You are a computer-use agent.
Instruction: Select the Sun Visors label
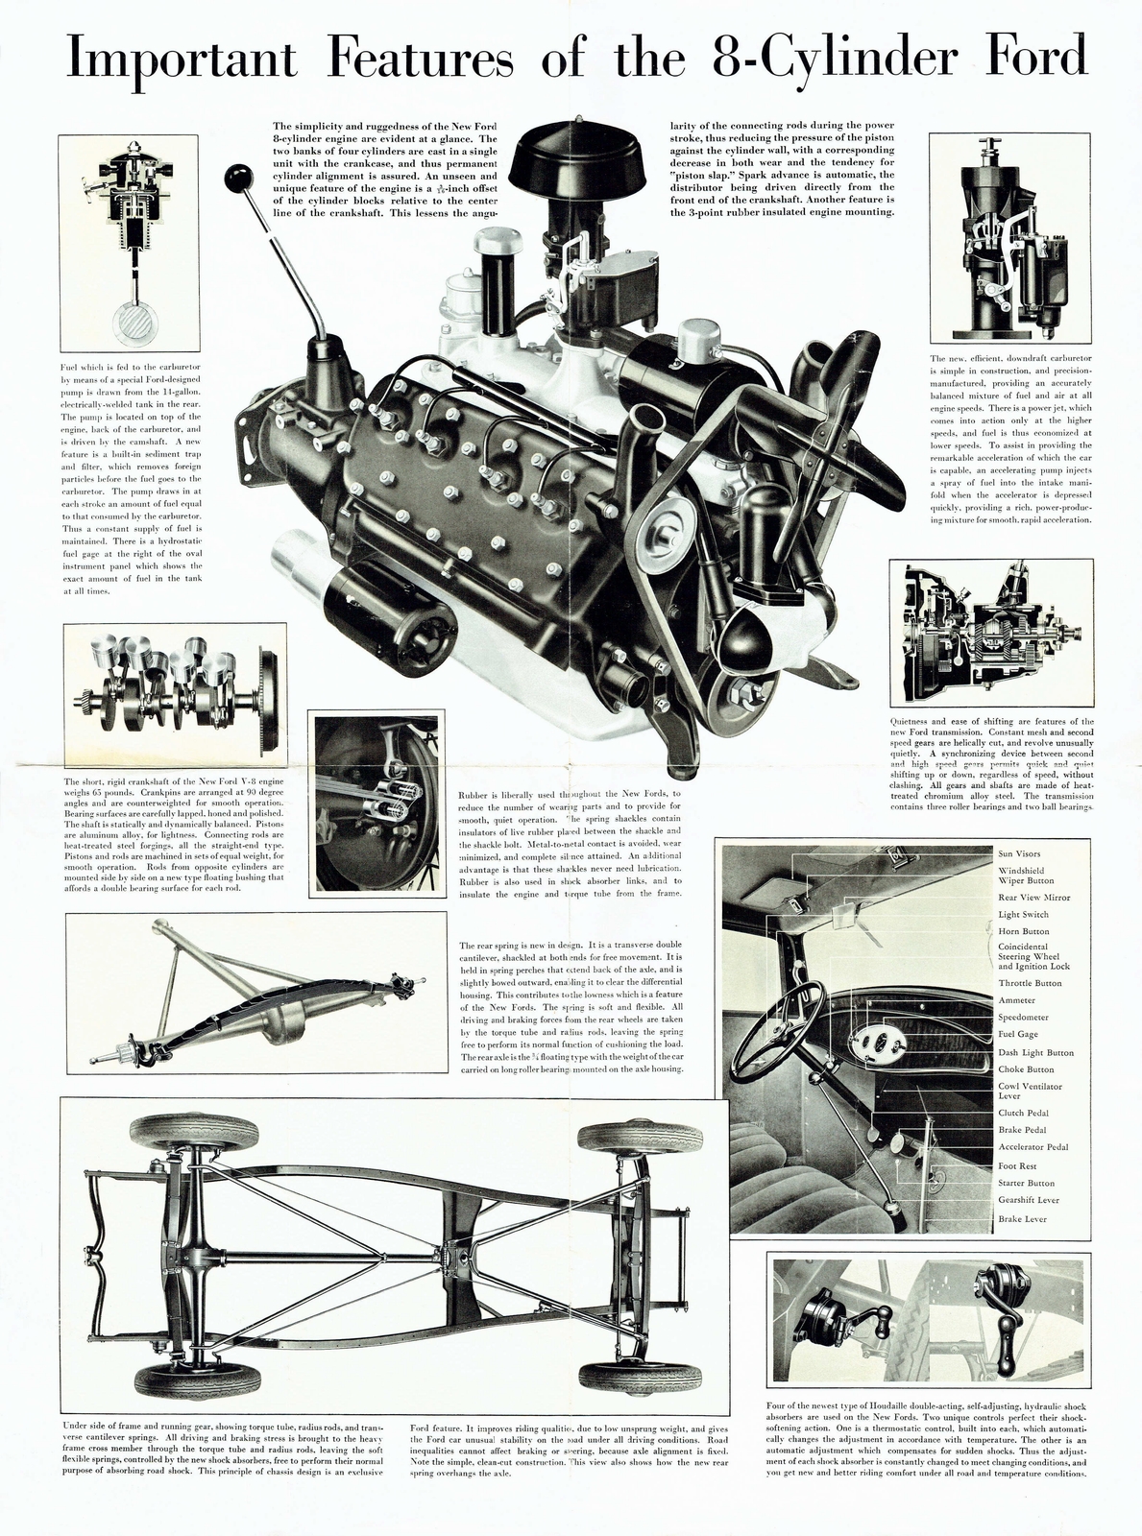pos(1019,853)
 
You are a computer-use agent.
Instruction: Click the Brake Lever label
pos(1022,1219)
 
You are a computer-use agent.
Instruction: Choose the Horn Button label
pos(1023,931)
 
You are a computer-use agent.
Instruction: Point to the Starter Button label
pos(1026,1183)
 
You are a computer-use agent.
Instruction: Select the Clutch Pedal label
pos(1023,1113)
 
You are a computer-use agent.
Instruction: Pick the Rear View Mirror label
pos(1033,898)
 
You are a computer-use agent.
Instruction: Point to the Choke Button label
pos(1026,1069)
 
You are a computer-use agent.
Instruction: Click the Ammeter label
pos(1017,1000)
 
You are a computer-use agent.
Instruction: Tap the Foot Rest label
pos(1017,1165)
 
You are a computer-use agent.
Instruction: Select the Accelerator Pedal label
pos(1033,1147)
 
